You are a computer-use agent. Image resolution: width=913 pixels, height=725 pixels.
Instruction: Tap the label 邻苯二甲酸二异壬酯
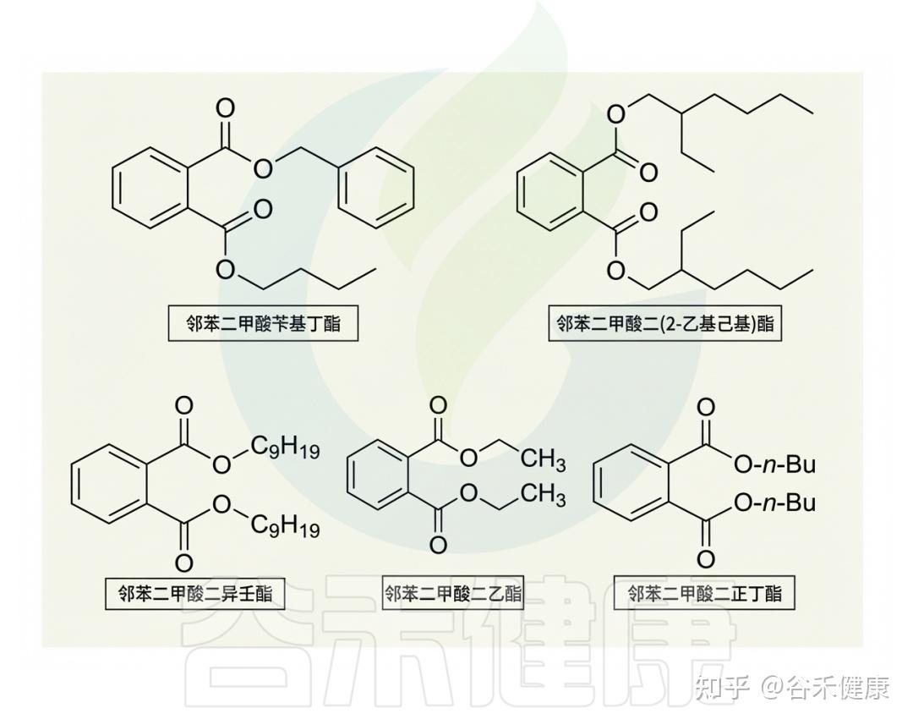pyautogui.click(x=194, y=592)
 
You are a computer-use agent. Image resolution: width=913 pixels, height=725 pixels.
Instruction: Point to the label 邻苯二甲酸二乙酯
pyautogui.click(x=452, y=592)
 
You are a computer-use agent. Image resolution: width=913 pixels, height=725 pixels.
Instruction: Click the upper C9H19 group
pyautogui.click(x=285, y=448)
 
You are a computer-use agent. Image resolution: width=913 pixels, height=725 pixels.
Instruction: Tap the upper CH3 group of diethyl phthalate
pyautogui.click(x=543, y=460)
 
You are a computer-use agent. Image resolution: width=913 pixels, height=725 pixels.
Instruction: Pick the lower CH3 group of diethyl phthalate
pyautogui.click(x=543, y=495)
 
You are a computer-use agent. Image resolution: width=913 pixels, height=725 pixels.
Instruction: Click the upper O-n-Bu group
pyautogui.click(x=774, y=464)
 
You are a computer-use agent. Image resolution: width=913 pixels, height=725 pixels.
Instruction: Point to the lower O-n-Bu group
pyautogui.click(x=774, y=503)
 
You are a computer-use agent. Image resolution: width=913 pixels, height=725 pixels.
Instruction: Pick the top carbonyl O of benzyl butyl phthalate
pyautogui.click(x=225, y=108)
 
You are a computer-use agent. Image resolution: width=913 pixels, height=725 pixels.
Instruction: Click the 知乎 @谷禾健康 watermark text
pyautogui.click(x=790, y=688)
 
